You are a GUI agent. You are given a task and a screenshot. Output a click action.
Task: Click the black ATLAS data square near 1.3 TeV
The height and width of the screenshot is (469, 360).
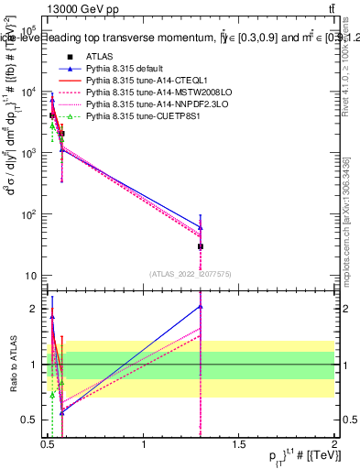click(x=201, y=246)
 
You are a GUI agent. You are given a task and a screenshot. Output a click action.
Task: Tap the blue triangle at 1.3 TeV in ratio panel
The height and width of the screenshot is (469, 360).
click(x=201, y=306)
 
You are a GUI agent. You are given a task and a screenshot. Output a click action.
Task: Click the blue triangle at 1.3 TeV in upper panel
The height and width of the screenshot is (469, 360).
click(x=201, y=227)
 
